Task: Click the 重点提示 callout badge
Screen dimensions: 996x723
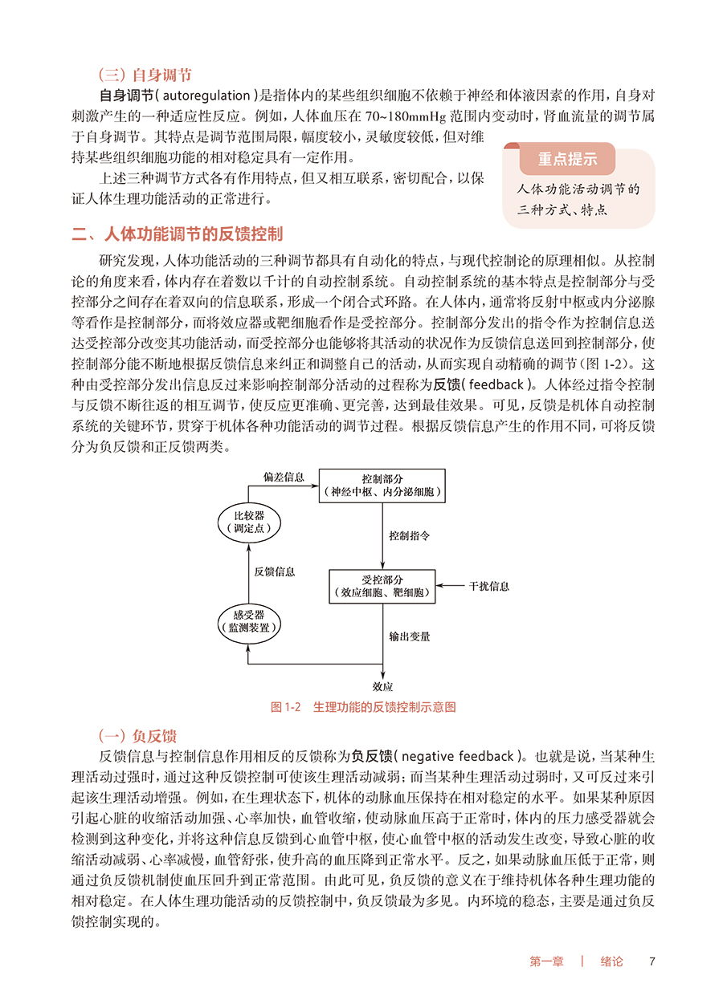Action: pos(567,159)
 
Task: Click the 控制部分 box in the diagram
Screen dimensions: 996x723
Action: pos(382,484)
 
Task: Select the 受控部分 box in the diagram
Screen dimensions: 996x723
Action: pos(382,587)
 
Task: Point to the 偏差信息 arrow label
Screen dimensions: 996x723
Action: pos(284,477)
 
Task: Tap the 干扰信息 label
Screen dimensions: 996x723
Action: pos(489,587)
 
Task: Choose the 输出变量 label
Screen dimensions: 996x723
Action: pos(410,636)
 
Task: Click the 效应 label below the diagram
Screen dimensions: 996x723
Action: pos(383,686)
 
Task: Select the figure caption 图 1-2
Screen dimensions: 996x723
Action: pos(364,707)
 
